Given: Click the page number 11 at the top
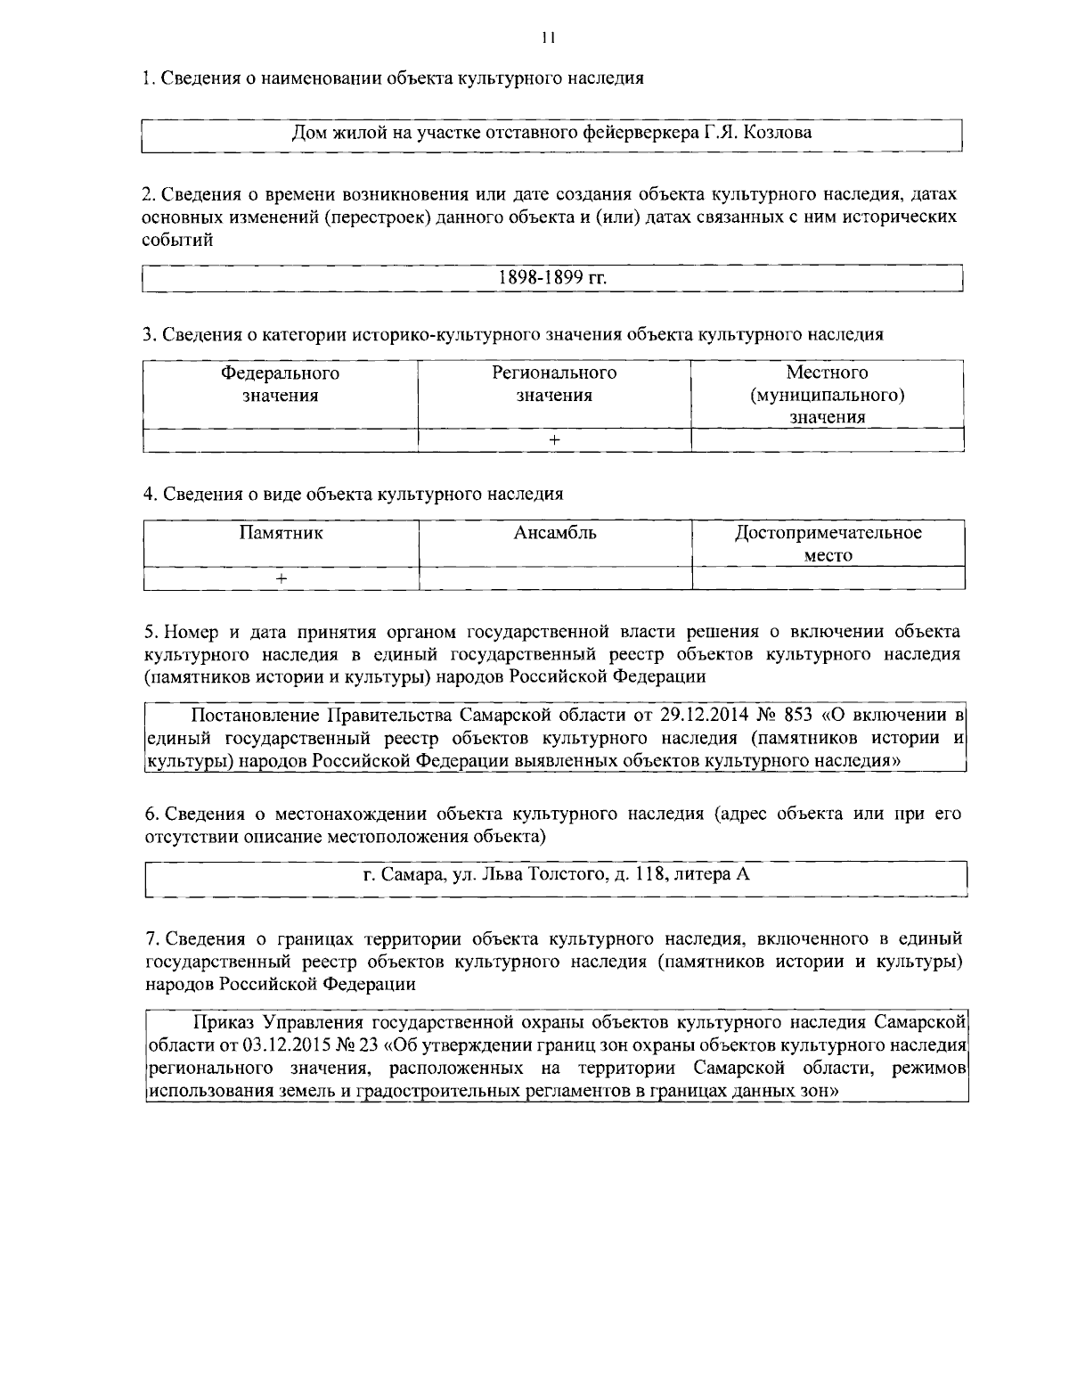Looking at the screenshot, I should tap(547, 38).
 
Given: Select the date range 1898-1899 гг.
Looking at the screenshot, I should tap(552, 278).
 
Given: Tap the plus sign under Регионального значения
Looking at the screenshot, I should tap(554, 440).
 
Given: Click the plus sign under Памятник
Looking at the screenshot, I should tap(281, 578).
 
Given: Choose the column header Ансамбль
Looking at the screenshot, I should tap(555, 534).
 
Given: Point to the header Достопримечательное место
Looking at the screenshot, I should tap(828, 544).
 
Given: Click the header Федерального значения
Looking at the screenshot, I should tap(281, 384).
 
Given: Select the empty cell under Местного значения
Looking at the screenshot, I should tap(828, 440).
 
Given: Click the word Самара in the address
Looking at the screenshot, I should tap(414, 874).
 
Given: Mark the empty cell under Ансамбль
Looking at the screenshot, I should tap(555, 578).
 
